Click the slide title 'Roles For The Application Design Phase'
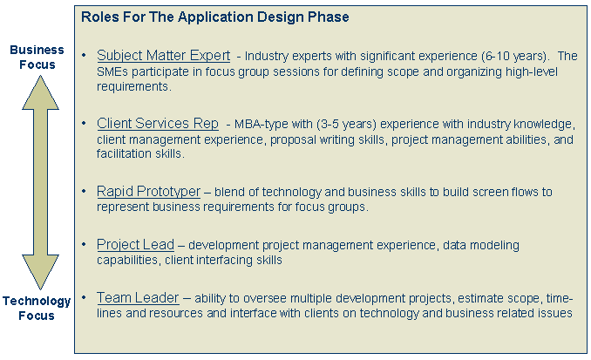pyautogui.click(x=214, y=17)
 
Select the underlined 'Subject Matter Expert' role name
pyautogui.click(x=163, y=56)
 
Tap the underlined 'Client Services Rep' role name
pyautogui.click(x=158, y=123)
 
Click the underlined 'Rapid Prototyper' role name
pyautogui.click(x=148, y=192)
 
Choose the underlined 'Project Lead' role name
pyautogui.click(x=135, y=245)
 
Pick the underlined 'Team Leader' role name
pyautogui.click(x=138, y=298)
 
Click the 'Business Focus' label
pyautogui.click(x=37, y=57)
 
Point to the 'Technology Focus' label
pyautogui.click(x=37, y=308)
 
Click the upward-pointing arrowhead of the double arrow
pyautogui.click(x=40, y=92)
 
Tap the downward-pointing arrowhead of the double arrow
pyautogui.click(x=40, y=272)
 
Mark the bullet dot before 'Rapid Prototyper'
pyautogui.click(x=84, y=191)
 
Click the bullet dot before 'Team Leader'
pyautogui.click(x=84, y=297)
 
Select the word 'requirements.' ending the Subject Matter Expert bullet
pyautogui.click(x=134, y=86)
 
